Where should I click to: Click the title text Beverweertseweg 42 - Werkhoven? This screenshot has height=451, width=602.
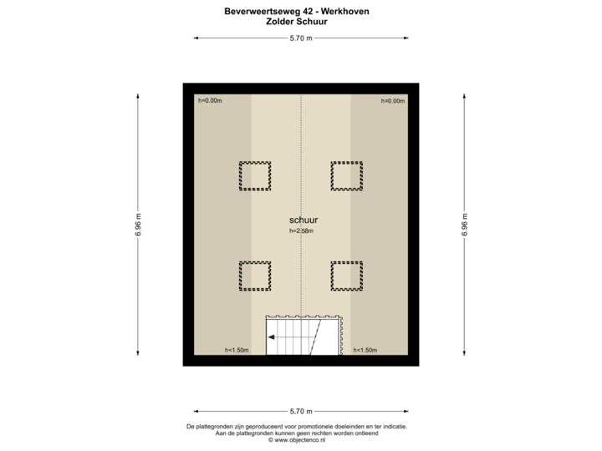click(x=297, y=12)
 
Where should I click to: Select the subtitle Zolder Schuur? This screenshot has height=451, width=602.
click(x=297, y=22)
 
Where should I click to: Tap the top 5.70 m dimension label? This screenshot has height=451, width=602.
click(x=301, y=38)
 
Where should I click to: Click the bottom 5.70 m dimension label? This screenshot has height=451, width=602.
click(x=301, y=412)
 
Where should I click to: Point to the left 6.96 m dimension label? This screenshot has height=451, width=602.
click(x=138, y=225)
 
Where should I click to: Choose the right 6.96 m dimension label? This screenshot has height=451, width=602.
click(x=464, y=225)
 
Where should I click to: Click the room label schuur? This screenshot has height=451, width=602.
click(x=304, y=220)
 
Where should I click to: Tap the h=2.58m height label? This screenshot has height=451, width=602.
click(x=301, y=231)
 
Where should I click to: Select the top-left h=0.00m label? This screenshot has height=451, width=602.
click(x=210, y=101)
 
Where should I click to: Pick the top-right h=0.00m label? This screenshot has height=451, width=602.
click(x=393, y=101)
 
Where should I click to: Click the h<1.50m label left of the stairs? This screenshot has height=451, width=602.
click(x=237, y=350)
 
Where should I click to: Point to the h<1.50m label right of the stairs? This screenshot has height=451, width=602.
click(x=365, y=350)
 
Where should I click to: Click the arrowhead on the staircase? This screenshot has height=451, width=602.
click(x=271, y=337)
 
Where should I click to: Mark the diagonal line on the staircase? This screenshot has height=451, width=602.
click(x=315, y=337)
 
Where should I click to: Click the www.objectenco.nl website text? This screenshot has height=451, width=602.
click(x=297, y=440)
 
